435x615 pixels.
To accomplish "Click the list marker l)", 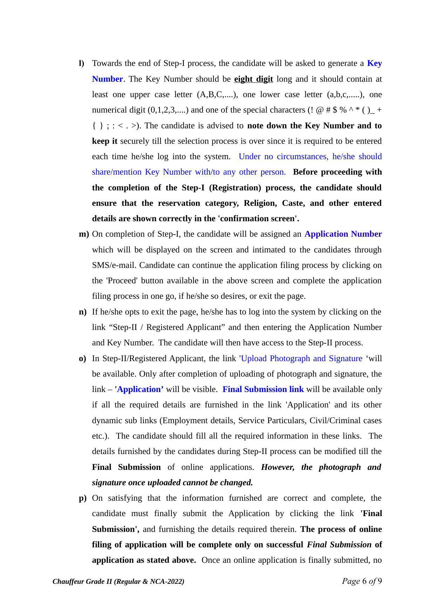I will coord(81,63).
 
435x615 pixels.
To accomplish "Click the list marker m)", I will coord(84,234).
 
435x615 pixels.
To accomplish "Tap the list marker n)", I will coord(83,312).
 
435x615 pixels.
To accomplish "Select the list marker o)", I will coord(82,359).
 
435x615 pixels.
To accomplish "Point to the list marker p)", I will coord(83,498).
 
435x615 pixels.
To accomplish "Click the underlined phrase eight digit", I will coord(253,79).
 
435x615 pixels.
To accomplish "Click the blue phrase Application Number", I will coord(343,234).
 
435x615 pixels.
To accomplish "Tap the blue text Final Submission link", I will coord(263,390).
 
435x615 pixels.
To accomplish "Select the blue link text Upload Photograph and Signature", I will coord(301,359).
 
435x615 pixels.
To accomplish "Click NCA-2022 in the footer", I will coord(166,582).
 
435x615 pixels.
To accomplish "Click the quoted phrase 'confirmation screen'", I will coord(258,219).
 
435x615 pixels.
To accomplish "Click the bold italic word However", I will coord(277,467).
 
